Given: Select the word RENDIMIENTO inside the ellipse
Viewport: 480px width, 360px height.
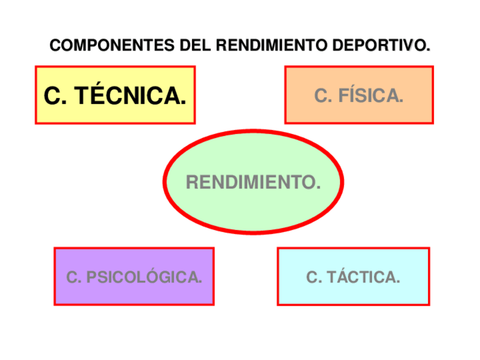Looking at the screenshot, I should pos(253,182).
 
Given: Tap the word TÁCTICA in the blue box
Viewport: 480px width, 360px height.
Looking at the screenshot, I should pos(363,277).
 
